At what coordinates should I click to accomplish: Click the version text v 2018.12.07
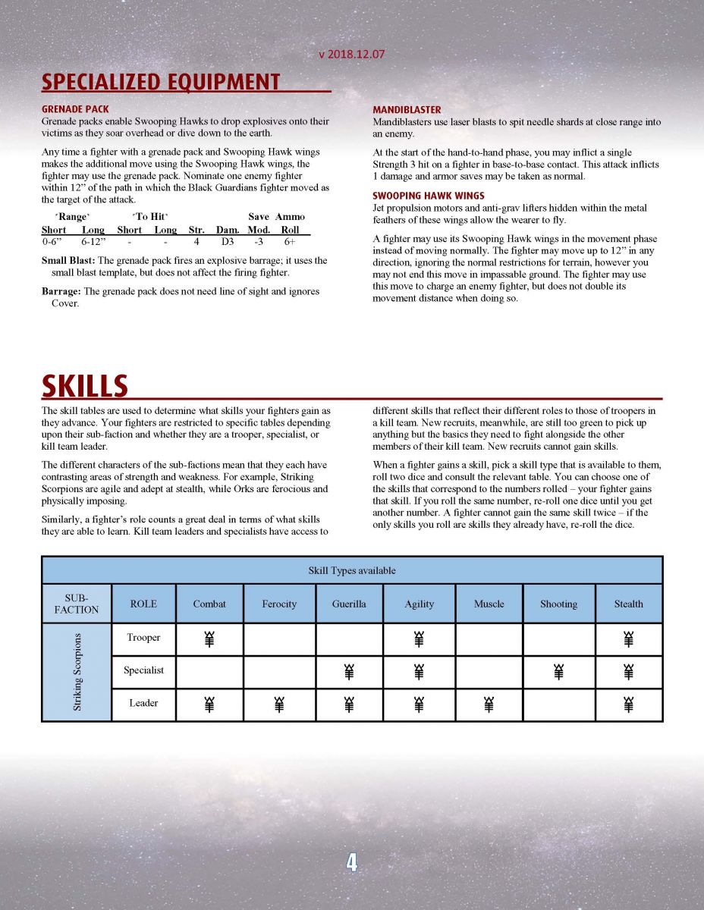(x=353, y=55)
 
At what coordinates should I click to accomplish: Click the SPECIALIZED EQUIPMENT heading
(x=161, y=82)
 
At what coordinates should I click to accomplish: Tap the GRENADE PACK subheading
(x=75, y=109)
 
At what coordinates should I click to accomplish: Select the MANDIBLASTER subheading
(x=407, y=110)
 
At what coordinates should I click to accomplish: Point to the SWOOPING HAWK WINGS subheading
(x=429, y=196)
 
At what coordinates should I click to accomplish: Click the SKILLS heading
(x=84, y=386)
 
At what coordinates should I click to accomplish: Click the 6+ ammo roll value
(x=290, y=243)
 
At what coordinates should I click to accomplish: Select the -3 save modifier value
(x=259, y=243)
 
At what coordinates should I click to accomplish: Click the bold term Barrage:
(x=61, y=292)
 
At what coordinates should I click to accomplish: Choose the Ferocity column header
(x=279, y=604)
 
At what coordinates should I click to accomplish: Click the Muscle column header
(x=489, y=604)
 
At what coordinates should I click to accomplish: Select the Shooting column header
(x=558, y=604)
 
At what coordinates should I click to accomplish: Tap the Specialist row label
(x=143, y=670)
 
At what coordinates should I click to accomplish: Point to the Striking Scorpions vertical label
(x=77, y=672)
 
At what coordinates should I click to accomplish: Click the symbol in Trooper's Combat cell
(x=209, y=639)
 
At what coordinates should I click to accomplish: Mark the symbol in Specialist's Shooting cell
(x=558, y=672)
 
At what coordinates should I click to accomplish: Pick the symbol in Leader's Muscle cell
(x=489, y=704)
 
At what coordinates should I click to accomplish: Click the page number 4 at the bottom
(x=352, y=862)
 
